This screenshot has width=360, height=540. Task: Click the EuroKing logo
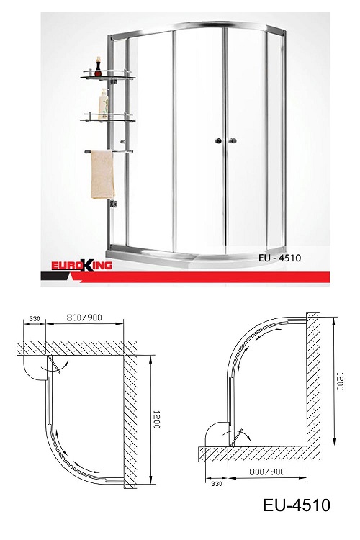[x=81, y=266]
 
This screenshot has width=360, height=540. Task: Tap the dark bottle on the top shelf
[x=98, y=67]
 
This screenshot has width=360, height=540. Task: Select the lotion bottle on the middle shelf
[x=104, y=104]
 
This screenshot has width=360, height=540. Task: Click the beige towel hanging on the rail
[x=102, y=175]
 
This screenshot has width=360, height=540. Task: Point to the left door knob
[x=218, y=140]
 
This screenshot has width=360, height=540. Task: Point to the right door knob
[x=233, y=140]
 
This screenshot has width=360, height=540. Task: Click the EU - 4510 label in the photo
[x=279, y=258]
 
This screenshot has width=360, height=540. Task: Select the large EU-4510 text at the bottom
[x=296, y=505]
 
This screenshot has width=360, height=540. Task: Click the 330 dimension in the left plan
[x=35, y=318]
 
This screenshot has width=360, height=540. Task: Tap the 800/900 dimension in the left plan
[x=84, y=318]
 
